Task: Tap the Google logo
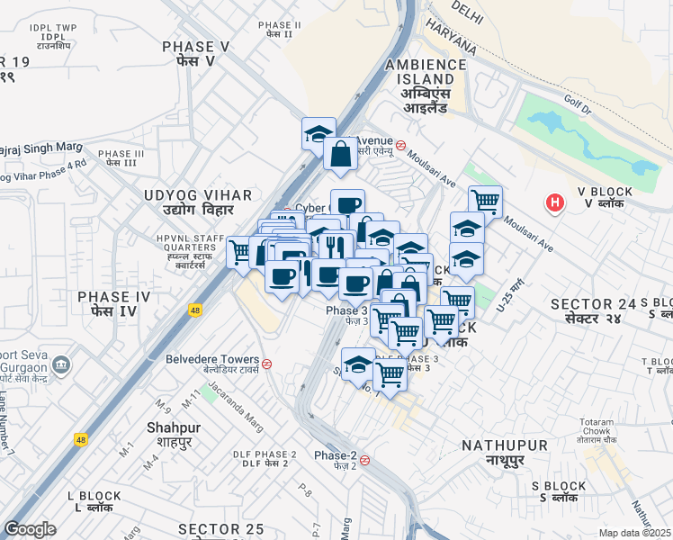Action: pyautogui.click(x=30, y=529)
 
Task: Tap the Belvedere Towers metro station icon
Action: pyautogui.click(x=267, y=364)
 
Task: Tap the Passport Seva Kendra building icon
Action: pyautogui.click(x=62, y=365)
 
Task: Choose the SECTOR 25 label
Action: pyautogui.click(x=221, y=528)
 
